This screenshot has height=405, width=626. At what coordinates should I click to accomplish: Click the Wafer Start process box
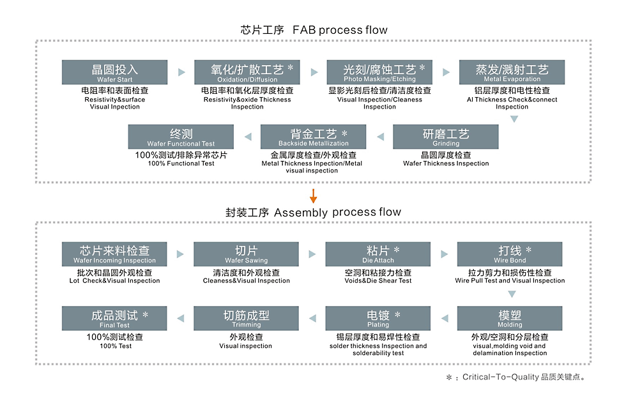coord(115,72)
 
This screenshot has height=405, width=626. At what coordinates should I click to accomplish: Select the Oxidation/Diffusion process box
coord(247,72)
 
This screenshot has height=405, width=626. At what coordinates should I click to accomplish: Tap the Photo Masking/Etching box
coord(379,72)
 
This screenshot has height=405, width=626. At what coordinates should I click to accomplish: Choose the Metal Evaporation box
coord(512,72)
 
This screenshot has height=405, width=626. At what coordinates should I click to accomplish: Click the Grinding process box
coord(446,137)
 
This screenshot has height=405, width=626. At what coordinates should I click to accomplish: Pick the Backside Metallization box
coord(313,137)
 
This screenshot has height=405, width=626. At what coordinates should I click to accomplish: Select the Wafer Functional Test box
coord(181,137)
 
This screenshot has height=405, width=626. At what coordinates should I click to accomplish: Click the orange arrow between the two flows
coord(313,196)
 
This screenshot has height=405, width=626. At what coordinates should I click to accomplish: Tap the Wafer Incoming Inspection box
coord(115,254)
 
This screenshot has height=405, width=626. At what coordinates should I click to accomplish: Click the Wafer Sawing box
coord(247,254)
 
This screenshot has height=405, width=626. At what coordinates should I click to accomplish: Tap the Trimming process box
coord(247,318)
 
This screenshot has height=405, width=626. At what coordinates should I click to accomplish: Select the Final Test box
coord(115,318)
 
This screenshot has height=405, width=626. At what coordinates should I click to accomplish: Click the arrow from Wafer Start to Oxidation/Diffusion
coord(181,72)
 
